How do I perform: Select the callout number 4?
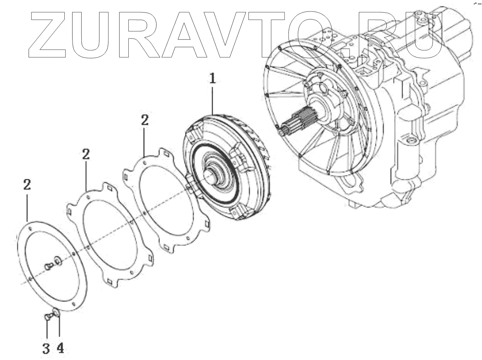[60, 347]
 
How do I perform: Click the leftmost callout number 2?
[27, 185]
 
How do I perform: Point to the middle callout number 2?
[85, 154]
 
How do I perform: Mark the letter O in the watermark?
[326, 35]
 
